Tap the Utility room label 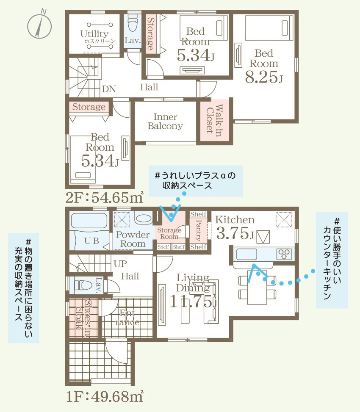pos(94,33)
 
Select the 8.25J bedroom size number pos(264,77)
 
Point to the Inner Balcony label pos(165,121)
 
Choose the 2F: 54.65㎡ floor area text pos(104,197)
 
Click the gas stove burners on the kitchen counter pos(284,254)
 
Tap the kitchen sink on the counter pos(246,254)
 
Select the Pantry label pos(199,230)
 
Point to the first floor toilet pos(83,285)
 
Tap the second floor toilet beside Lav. pos(133,22)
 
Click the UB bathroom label pos(92,241)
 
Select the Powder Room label pos(133,239)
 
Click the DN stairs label pos(109,89)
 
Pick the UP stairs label pos(120,263)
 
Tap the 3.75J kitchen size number pos(235,233)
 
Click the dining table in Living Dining pos(257,287)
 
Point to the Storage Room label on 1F pos(169,233)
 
